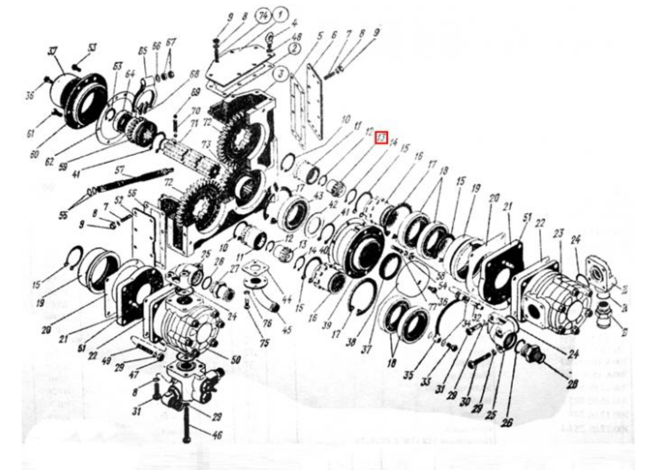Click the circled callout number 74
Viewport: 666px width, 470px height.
[x=262, y=16]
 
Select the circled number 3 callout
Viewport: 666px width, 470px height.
[x=281, y=74]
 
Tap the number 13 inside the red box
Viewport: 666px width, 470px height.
[x=382, y=137]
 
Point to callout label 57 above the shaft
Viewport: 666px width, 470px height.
[x=119, y=170]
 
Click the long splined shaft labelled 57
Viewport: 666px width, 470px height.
[x=131, y=180]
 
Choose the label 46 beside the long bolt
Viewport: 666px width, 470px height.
[x=217, y=435]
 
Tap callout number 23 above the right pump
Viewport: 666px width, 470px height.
[x=559, y=234]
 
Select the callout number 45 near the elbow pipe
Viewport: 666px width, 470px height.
[x=287, y=330]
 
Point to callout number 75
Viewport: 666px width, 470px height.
[x=264, y=343]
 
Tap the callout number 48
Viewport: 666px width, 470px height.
[x=297, y=37]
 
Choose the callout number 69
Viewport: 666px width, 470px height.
[x=195, y=92]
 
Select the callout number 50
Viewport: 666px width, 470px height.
[x=236, y=360]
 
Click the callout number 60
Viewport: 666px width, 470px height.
[x=34, y=154]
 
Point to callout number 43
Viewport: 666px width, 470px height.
[x=318, y=195]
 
